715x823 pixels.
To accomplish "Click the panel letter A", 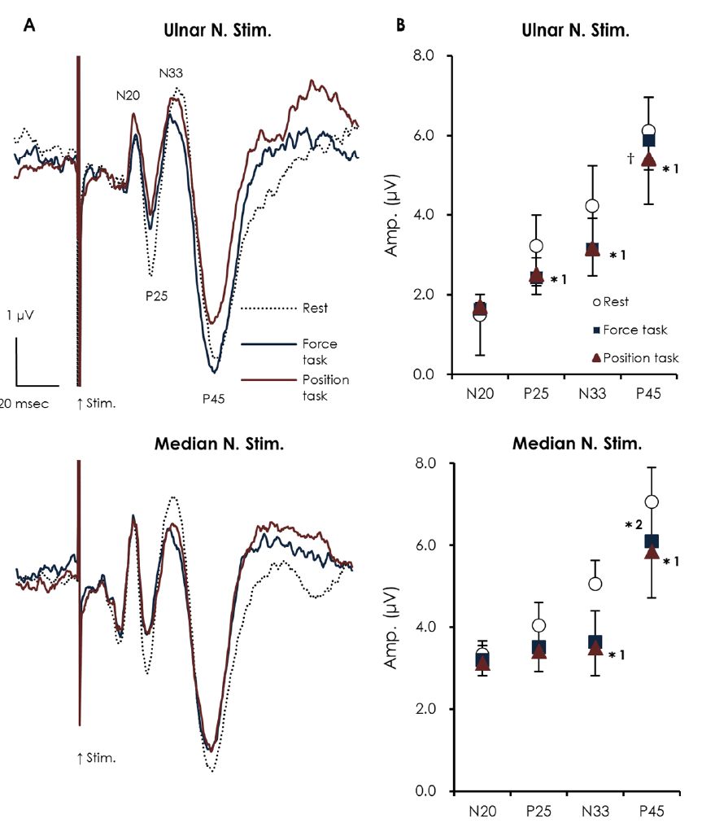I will pyautogui.click(x=29, y=24).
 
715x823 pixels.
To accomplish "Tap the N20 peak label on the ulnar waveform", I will pyautogui.click(x=128, y=95).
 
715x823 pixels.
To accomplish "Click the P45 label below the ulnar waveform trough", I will pyautogui.click(x=216, y=398).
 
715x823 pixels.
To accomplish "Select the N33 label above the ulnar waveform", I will pyautogui.click(x=171, y=73).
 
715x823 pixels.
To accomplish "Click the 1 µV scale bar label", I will pyautogui.click(x=22, y=314).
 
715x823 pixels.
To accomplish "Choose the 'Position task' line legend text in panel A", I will pyautogui.click(x=325, y=387).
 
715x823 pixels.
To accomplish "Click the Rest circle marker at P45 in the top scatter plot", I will pyautogui.click(x=648, y=131).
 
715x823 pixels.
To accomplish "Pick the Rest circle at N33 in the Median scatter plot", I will pyautogui.click(x=595, y=584).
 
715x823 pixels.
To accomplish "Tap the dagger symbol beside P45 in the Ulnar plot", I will pyautogui.click(x=630, y=158).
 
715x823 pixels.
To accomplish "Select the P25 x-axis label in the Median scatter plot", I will pyautogui.click(x=536, y=811).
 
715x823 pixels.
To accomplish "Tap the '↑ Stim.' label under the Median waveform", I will pyautogui.click(x=95, y=758).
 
